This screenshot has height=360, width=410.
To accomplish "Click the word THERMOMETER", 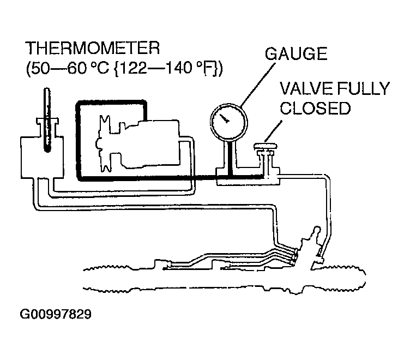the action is [x=92, y=48].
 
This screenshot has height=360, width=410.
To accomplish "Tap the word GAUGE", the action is [x=296, y=53].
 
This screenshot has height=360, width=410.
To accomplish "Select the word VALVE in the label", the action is [x=306, y=88].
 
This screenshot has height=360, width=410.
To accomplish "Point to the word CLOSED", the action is [x=315, y=108].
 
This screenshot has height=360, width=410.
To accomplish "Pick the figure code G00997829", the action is [x=56, y=314].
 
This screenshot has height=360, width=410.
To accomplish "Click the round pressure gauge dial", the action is [x=229, y=122].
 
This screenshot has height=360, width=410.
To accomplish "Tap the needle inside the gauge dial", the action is [x=224, y=118].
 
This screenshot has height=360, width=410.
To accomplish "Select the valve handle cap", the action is [x=266, y=146].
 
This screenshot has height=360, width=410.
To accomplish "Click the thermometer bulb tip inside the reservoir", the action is [x=47, y=149].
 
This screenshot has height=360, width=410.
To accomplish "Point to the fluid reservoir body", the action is [x=42, y=157].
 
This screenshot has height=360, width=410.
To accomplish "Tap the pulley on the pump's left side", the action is [x=105, y=143].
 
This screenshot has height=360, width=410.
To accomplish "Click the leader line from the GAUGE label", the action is [x=257, y=85].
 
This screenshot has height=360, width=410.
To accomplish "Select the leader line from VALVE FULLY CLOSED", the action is [x=273, y=131].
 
